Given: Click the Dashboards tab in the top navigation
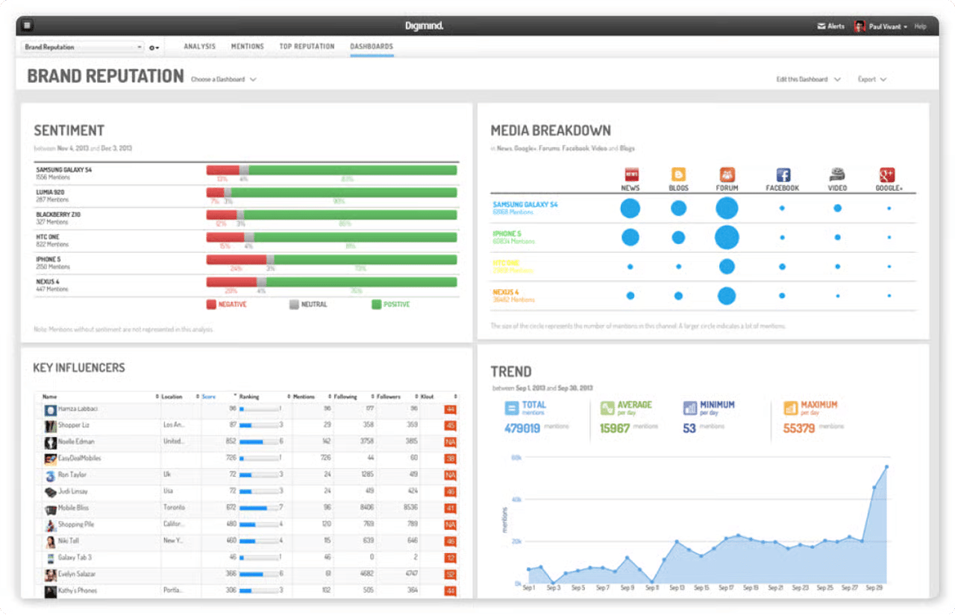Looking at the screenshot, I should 372,46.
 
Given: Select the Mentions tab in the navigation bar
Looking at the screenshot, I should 247,46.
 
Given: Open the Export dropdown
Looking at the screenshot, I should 871,79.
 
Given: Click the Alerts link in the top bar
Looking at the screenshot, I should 831,26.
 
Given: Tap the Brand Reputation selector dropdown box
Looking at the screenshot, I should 83,47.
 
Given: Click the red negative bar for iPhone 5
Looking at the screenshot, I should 236,259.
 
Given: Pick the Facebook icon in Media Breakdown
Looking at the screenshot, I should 783,175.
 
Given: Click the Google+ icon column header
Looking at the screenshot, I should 888,175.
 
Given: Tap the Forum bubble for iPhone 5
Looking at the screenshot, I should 727,237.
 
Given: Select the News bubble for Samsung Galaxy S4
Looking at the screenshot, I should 630,208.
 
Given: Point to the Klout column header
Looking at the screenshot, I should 428,397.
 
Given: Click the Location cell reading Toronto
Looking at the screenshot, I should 173,508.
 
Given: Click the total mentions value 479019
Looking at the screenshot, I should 522,429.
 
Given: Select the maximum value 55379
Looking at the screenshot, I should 798,429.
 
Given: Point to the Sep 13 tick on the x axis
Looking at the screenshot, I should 677,588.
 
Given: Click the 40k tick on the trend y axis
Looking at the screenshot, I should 516,499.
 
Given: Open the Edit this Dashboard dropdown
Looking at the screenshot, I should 807,79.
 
